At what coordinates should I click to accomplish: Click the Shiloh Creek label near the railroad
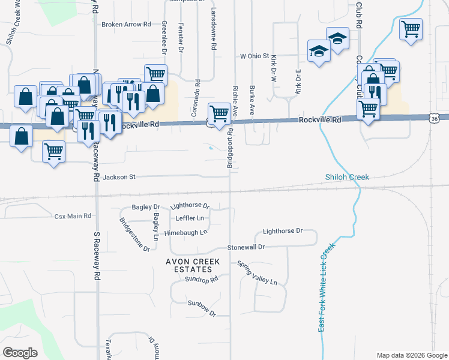[347, 177]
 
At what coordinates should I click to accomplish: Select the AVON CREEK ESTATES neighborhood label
[193, 266]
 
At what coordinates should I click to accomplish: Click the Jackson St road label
[120, 177]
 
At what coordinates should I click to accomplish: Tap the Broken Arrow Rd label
[126, 25]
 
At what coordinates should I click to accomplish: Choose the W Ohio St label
[255, 56]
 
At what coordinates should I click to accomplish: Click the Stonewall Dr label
[246, 247]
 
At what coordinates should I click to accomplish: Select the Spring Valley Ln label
[257, 273]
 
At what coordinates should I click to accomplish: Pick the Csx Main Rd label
[73, 216]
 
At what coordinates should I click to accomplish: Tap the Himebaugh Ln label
[185, 232]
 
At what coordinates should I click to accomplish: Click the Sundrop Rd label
[202, 280]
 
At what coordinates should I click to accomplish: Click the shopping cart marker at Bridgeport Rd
[219, 114]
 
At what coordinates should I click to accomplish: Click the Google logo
[20, 352]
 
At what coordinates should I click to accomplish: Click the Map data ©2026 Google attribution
[411, 355]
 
